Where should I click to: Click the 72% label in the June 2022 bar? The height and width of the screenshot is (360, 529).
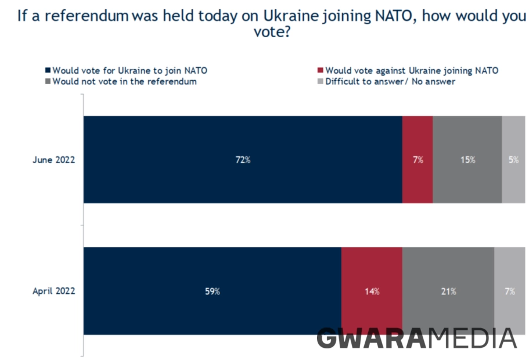[x=243, y=160]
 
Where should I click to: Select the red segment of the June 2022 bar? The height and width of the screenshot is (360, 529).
[x=418, y=160]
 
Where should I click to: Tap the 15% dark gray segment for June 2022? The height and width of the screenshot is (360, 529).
[x=467, y=160]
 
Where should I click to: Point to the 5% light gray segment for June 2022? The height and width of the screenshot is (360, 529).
[x=514, y=160]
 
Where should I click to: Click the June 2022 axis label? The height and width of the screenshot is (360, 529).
[x=53, y=160]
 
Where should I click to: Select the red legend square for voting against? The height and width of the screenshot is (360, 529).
[x=321, y=71]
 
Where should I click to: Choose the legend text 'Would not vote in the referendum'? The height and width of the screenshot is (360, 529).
[x=124, y=82]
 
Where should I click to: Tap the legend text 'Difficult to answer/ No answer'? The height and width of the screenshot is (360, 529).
[x=390, y=82]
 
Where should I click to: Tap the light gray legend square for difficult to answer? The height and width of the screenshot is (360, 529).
[x=321, y=82]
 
